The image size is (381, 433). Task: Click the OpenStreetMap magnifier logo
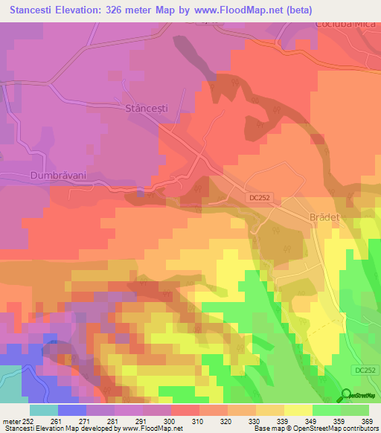point(347,394)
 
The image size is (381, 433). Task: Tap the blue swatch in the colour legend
point(71,409)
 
